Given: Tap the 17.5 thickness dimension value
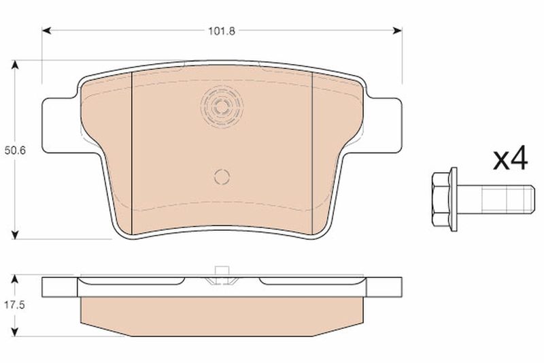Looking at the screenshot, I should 16,306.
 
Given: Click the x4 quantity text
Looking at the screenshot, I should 509,160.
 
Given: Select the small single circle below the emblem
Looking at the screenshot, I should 222,176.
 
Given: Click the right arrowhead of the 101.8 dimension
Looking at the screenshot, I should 397,30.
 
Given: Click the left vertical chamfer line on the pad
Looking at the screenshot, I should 131,150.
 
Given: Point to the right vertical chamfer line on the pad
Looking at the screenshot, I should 311,150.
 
